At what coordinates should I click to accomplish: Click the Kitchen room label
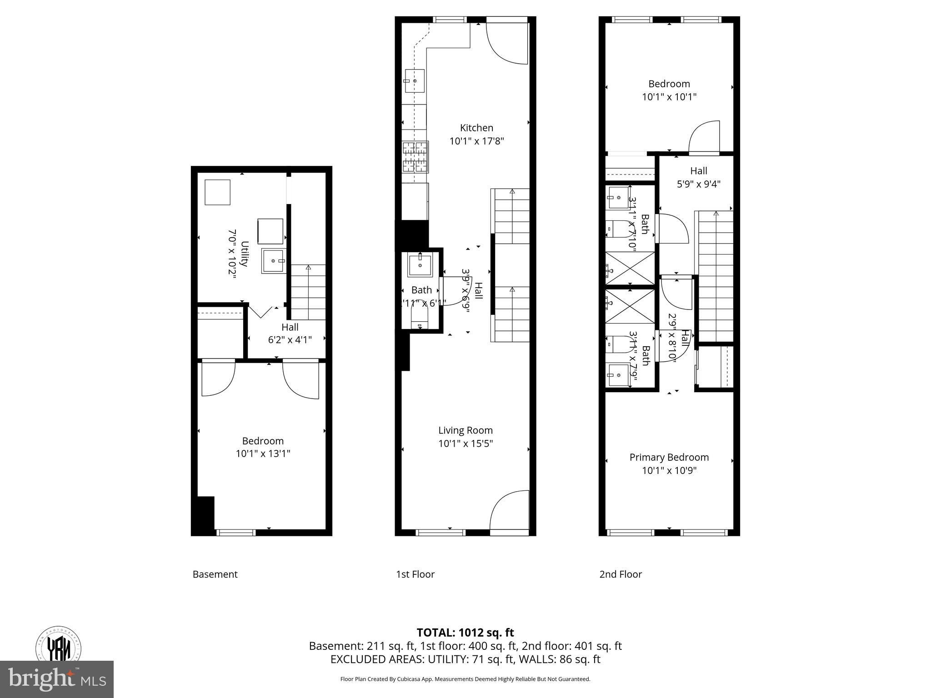(x=476, y=128)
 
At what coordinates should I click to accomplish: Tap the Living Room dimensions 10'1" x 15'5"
(x=465, y=444)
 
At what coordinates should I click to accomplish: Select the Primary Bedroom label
(x=669, y=457)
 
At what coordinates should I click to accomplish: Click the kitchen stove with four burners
(x=415, y=157)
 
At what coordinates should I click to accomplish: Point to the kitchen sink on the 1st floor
(x=415, y=81)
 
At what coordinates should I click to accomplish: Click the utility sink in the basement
(x=274, y=261)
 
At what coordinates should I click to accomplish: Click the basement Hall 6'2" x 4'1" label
(x=290, y=333)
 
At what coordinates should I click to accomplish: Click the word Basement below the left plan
(x=215, y=574)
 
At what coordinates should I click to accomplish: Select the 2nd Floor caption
(x=621, y=574)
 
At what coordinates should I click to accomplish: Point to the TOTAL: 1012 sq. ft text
(x=465, y=633)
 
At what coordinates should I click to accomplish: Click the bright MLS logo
(x=56, y=679)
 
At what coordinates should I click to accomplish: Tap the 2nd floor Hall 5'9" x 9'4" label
(x=698, y=177)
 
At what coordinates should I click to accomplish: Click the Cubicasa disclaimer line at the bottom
(x=465, y=679)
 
